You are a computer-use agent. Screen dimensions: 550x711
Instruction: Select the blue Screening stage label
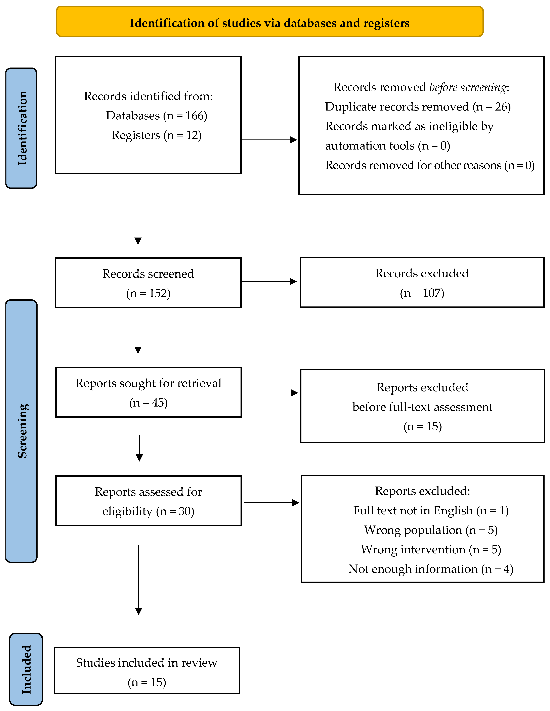coord(22,431)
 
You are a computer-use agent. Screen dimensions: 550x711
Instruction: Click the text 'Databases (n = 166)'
coord(157,116)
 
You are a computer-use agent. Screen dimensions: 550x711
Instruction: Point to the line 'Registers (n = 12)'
coord(157,135)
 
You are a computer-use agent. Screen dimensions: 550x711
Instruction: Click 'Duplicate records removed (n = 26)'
coord(418,107)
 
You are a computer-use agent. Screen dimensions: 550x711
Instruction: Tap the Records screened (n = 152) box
coord(148,283)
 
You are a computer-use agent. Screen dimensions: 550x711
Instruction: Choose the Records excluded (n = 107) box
coord(422,282)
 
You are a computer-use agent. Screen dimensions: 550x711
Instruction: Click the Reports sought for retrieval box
coord(148,392)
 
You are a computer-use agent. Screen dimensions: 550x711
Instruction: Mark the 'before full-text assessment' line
coord(422,407)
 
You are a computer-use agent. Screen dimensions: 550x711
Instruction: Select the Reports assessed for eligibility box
coord(148,501)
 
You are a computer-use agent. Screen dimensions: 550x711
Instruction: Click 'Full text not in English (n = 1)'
coord(431,510)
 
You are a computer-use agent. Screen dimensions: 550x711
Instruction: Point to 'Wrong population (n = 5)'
coord(431,530)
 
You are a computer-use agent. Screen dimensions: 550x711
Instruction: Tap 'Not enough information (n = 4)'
coord(431,569)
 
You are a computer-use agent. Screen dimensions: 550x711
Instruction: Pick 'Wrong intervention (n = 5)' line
coord(431,550)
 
